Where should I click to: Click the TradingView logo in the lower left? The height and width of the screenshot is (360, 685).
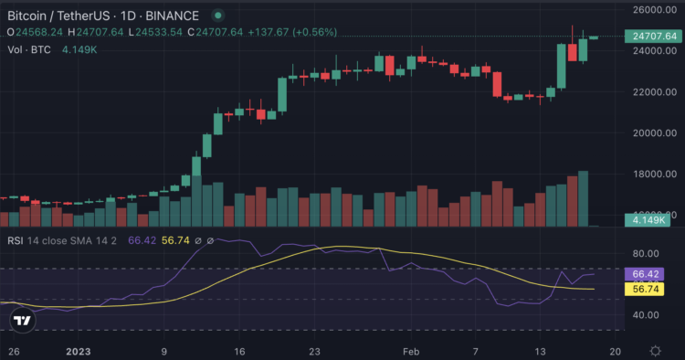pos(23,321)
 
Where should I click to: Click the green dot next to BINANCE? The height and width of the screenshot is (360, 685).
pos(216,16)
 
